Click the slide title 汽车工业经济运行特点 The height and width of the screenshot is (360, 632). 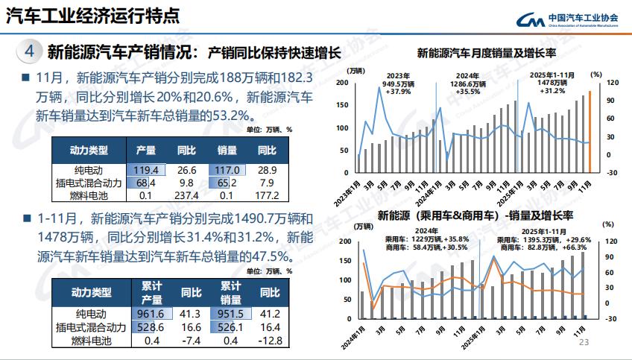pos(93,16)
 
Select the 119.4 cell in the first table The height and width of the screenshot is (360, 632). pos(147,170)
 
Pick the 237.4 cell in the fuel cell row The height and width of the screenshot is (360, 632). pos(186,195)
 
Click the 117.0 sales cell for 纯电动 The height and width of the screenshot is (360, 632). pos(228,170)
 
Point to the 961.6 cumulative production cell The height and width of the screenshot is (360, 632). pos(147,315)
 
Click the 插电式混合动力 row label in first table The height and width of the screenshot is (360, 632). pos(89,183)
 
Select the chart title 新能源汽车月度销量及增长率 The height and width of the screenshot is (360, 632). pos(487,54)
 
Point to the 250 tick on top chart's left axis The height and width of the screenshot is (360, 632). pos(344,83)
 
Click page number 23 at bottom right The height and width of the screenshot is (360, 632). pos(584,342)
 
